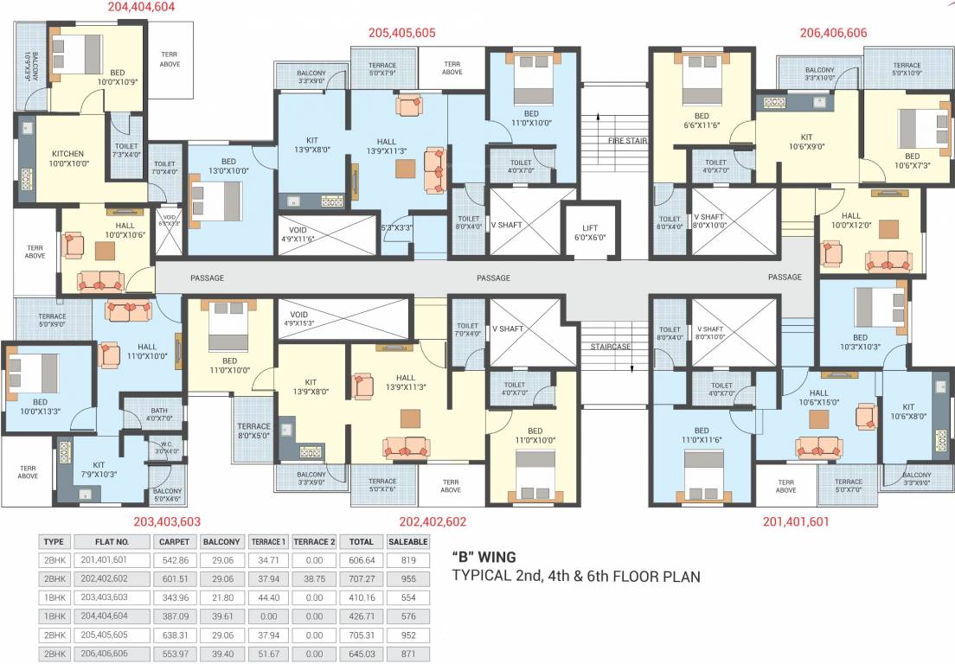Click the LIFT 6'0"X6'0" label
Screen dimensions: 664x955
591,233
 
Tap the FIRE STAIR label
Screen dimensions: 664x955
628,140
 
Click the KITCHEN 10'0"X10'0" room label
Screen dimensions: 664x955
67,157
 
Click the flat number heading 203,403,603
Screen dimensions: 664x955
167,521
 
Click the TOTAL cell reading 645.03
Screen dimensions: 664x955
361,654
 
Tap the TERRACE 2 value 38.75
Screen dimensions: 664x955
313,579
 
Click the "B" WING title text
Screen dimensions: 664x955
484,557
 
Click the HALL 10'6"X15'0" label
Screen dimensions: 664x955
818,397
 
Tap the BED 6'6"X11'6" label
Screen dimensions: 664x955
702,121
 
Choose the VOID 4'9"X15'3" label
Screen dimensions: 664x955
299,319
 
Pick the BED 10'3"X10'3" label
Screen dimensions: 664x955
860,342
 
